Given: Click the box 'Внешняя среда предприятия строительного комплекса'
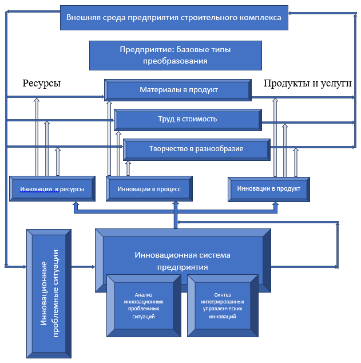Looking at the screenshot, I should [x=174, y=18].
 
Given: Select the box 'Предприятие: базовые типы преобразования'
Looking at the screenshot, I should [x=175, y=56].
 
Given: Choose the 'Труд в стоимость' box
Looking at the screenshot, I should [x=188, y=120].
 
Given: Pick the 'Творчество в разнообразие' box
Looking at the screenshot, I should [x=196, y=149].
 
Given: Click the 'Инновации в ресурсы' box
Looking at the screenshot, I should [x=52, y=189].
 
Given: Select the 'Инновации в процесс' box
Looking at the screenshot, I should [x=149, y=189].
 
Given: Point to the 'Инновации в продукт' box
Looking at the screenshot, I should [x=269, y=189].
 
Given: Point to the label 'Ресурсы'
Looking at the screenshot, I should [x=42, y=84].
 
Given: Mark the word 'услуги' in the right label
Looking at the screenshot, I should [x=338, y=84].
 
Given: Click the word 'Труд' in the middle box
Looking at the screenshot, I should [x=166, y=120].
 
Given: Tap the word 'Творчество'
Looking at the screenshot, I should [x=169, y=149].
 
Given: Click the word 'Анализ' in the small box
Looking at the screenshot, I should [x=144, y=293].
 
